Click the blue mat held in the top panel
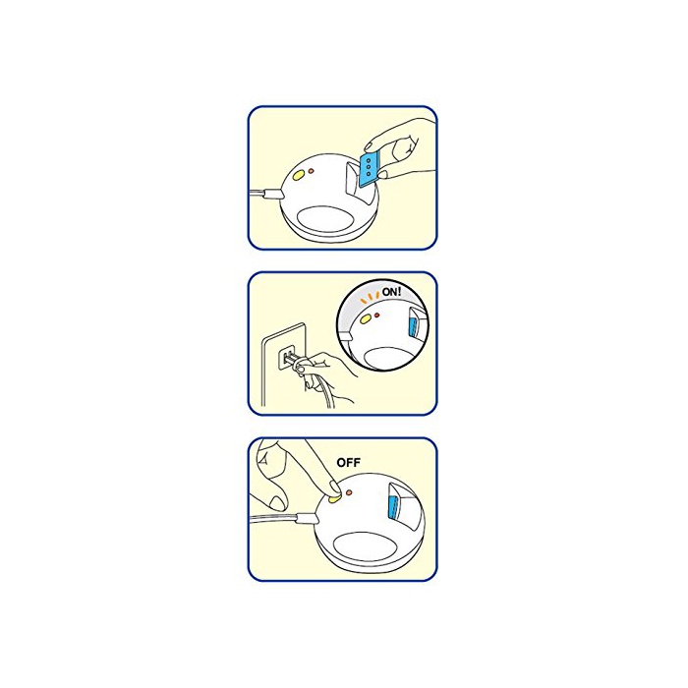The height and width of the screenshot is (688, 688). (368, 169)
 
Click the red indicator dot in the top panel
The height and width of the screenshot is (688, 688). (312, 171)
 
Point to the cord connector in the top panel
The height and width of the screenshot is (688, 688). (272, 194)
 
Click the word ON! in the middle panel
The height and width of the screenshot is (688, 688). (391, 292)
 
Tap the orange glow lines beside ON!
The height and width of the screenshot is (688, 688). (370, 298)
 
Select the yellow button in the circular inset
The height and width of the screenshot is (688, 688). (365, 319)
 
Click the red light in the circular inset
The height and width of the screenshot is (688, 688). (376, 315)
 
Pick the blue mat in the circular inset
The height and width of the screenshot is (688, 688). (413, 325)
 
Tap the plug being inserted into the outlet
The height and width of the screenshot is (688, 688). (294, 361)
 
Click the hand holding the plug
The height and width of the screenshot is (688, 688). (327, 376)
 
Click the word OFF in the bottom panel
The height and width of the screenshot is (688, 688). (348, 463)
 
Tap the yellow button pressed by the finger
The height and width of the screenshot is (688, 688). (334, 498)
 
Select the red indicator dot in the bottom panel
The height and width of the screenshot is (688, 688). (349, 492)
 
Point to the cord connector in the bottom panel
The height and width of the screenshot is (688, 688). (307, 519)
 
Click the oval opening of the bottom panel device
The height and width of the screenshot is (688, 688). (366, 545)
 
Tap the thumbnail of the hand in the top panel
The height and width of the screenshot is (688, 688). (383, 175)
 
